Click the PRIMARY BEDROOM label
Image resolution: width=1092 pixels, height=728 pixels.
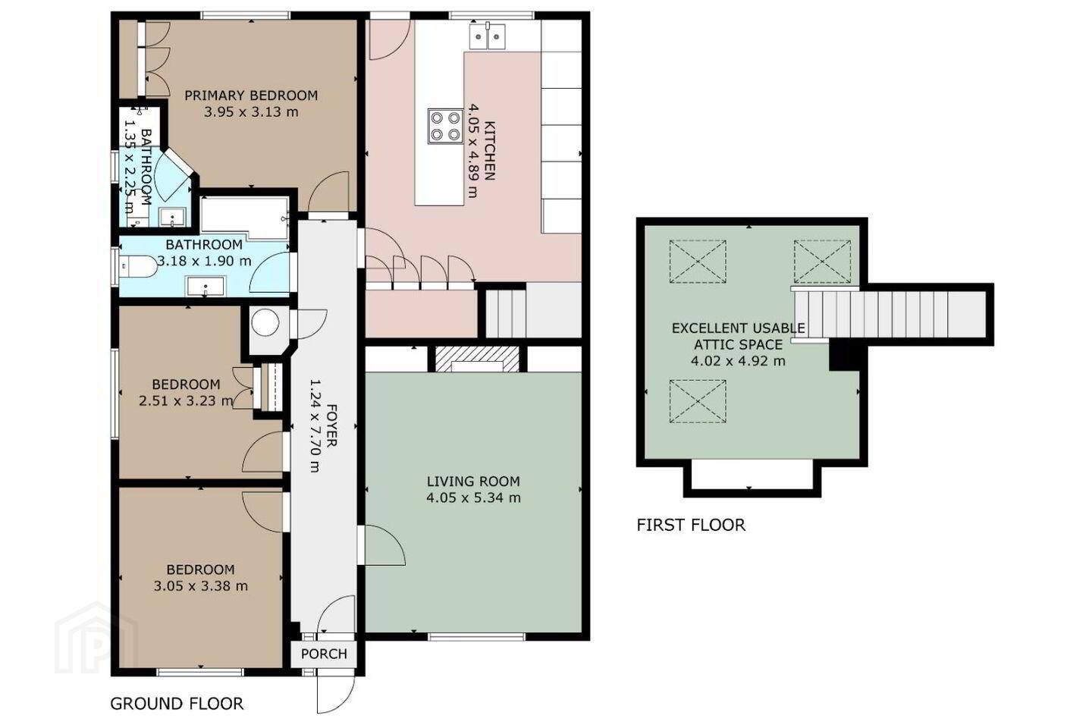(251, 95)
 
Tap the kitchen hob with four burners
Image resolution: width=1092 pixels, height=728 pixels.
(446, 127)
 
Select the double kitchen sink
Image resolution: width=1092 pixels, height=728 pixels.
(488, 36)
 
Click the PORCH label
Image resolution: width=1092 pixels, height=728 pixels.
(324, 654)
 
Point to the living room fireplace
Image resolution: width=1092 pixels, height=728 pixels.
(476, 359)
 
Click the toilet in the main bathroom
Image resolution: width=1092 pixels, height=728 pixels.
(137, 267)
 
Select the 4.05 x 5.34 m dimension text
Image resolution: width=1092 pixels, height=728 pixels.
(473, 498)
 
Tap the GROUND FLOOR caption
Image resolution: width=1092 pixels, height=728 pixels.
(177, 704)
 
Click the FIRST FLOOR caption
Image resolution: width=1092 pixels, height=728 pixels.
(691, 526)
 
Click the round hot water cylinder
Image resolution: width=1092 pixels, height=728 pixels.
(265, 322)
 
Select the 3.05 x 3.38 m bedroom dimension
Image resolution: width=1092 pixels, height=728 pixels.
(201, 585)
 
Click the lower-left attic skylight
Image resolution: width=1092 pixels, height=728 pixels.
(698, 401)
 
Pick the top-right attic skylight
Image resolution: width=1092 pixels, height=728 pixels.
(822, 262)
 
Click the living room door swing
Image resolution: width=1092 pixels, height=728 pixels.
(385, 545)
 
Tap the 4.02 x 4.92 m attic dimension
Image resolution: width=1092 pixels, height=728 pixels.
(738, 361)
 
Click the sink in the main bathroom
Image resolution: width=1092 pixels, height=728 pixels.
(206, 286)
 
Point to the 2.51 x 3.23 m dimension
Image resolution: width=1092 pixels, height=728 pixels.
(186, 401)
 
